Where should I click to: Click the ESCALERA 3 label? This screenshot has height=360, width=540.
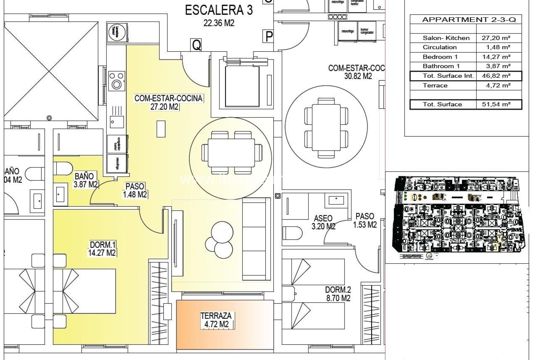[x=219, y=15]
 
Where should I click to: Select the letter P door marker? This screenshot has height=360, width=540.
[x=269, y=37]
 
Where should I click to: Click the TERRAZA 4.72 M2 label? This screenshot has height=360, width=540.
[x=216, y=320]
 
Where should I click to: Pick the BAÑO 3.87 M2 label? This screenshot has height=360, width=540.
[x=85, y=180]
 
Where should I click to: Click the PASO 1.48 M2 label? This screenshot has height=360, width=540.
[x=135, y=190]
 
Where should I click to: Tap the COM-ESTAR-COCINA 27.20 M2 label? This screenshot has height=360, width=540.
[x=168, y=102]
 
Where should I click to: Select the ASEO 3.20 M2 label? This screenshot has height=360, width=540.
[x=323, y=222]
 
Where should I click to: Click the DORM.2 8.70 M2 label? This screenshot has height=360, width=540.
[x=338, y=294]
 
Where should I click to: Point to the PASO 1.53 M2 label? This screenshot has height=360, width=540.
[x=365, y=220]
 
